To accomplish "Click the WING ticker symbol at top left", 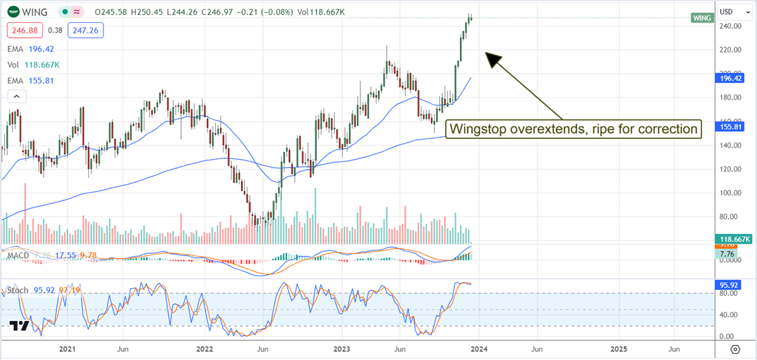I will [x=35, y=12].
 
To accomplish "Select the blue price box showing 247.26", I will [x=86, y=30].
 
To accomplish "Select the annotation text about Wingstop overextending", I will [x=573, y=129].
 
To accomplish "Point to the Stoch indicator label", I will [x=18, y=291].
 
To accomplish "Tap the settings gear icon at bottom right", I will [x=735, y=349].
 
